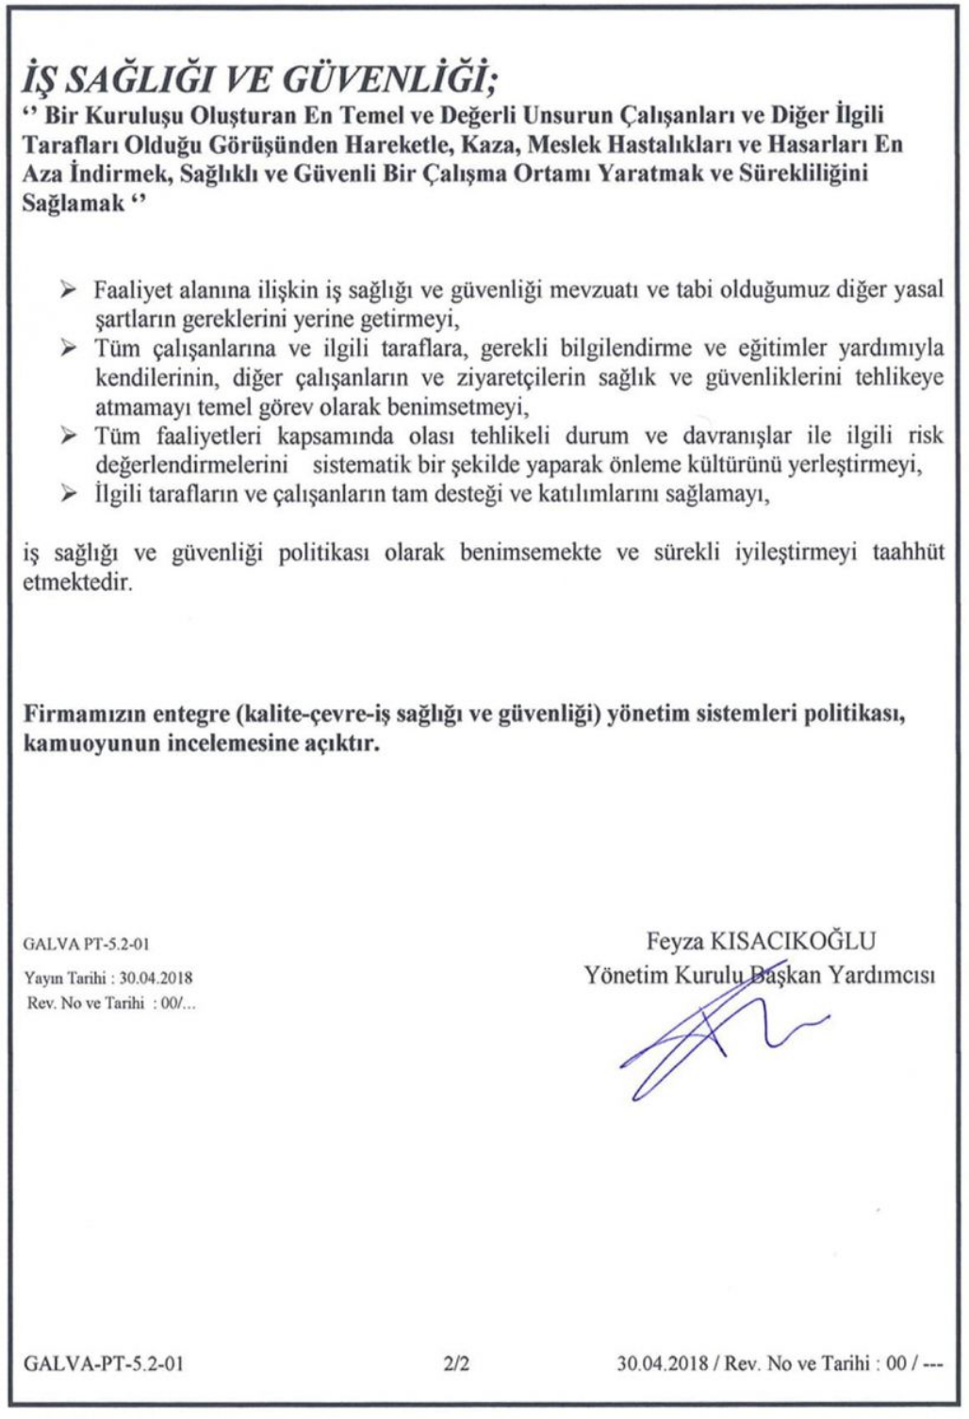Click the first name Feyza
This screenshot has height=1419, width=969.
click(674, 940)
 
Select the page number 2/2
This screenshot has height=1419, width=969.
click(456, 1363)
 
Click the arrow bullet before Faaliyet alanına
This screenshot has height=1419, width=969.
click(68, 289)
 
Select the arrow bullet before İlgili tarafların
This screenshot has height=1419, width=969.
click(68, 494)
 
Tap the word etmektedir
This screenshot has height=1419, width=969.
click(77, 582)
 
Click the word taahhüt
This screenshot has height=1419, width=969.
click(908, 553)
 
